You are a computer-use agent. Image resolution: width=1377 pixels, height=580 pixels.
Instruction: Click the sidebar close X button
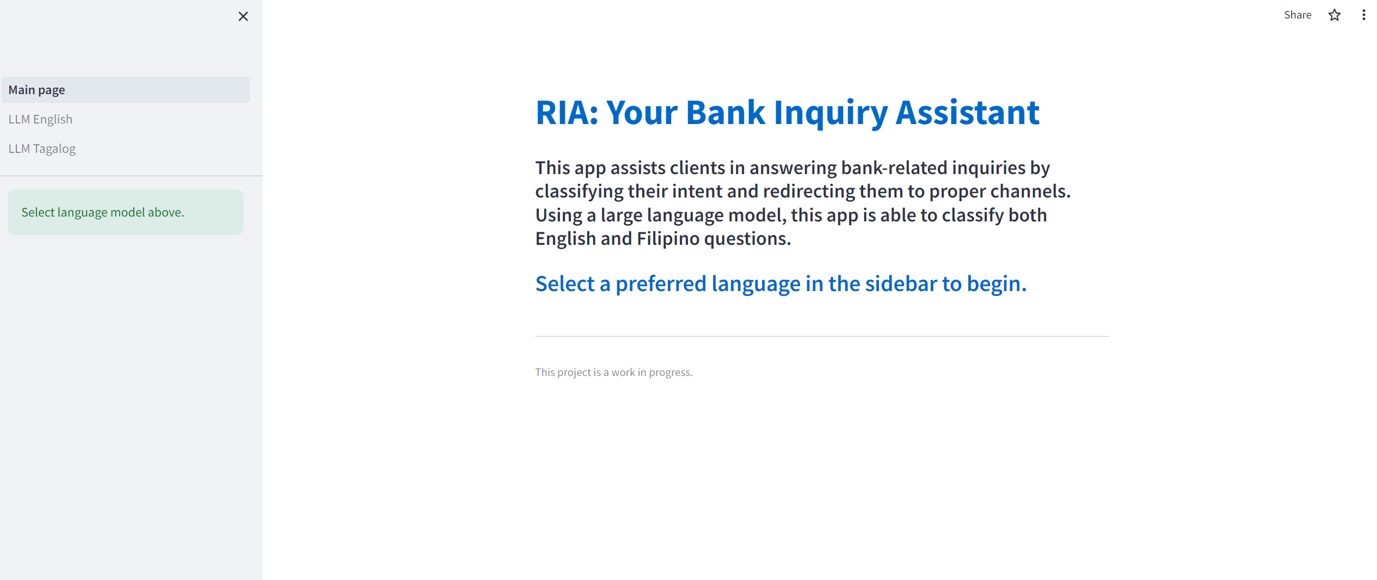coord(243,16)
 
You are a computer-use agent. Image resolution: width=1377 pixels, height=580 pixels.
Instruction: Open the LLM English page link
coord(40,119)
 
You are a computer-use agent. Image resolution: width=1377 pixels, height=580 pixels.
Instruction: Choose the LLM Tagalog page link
coord(42,149)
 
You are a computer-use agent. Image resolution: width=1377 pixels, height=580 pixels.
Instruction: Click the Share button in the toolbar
coord(1297,15)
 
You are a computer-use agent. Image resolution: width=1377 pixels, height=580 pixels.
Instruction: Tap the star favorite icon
coord(1334,15)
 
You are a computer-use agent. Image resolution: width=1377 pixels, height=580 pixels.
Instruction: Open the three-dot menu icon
coord(1363,15)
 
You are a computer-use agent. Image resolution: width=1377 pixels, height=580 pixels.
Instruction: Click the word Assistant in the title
coord(967,113)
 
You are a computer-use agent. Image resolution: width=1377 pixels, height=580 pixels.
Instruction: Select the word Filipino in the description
coord(668,238)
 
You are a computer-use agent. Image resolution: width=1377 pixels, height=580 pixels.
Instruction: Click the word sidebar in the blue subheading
coord(901,283)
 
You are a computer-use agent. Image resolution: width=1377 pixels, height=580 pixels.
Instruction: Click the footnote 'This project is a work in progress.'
coord(613,372)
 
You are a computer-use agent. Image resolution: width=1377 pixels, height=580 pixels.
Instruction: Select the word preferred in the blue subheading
coord(661,283)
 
